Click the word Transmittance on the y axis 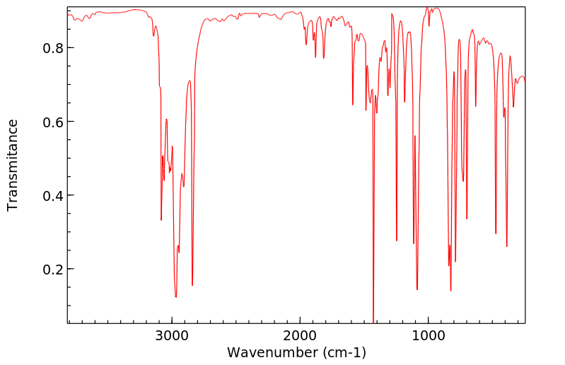[13, 165]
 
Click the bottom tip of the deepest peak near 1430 [373, 322]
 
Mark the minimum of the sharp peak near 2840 [192, 285]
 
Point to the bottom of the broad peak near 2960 [176, 296]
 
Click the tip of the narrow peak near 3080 [161, 220]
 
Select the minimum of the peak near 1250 [397, 241]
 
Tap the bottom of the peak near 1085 [417, 289]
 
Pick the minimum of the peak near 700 [467, 219]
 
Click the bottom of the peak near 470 [496, 233]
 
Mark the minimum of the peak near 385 [507, 246]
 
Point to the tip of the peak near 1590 [353, 105]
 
